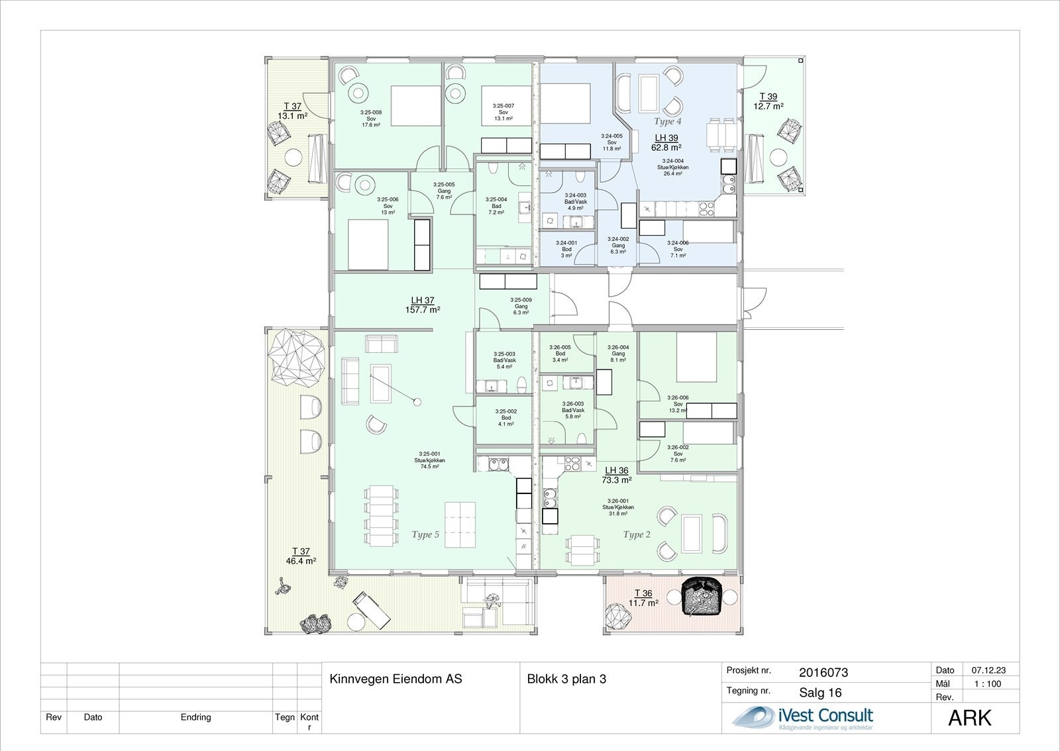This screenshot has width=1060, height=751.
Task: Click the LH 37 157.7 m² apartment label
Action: [422, 305]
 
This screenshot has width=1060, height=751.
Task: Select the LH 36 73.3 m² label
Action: [616, 475]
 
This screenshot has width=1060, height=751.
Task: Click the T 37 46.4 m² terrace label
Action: [301, 556]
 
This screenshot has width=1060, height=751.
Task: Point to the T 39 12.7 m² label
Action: [768, 101]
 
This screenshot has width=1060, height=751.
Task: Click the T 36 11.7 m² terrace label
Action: [643, 598]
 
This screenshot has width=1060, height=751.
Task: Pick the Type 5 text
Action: [425, 534]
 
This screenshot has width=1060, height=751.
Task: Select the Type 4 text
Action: [667, 121]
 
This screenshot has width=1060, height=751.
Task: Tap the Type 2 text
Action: [637, 534]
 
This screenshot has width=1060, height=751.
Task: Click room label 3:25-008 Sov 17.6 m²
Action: [371, 119]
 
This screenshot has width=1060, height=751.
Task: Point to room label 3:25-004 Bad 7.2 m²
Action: [496, 206]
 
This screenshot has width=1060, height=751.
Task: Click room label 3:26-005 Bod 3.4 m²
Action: [560, 354]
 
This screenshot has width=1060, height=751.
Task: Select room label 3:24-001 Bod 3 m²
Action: [566, 248]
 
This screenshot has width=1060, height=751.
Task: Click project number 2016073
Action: [823, 673]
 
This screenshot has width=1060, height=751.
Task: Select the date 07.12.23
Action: [987, 670]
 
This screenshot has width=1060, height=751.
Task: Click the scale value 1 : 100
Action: [986, 684]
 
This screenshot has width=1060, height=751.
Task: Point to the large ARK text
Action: [970, 718]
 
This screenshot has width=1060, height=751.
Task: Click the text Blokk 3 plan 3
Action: [566, 679]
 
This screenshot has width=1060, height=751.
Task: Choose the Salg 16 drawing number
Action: [820, 693]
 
